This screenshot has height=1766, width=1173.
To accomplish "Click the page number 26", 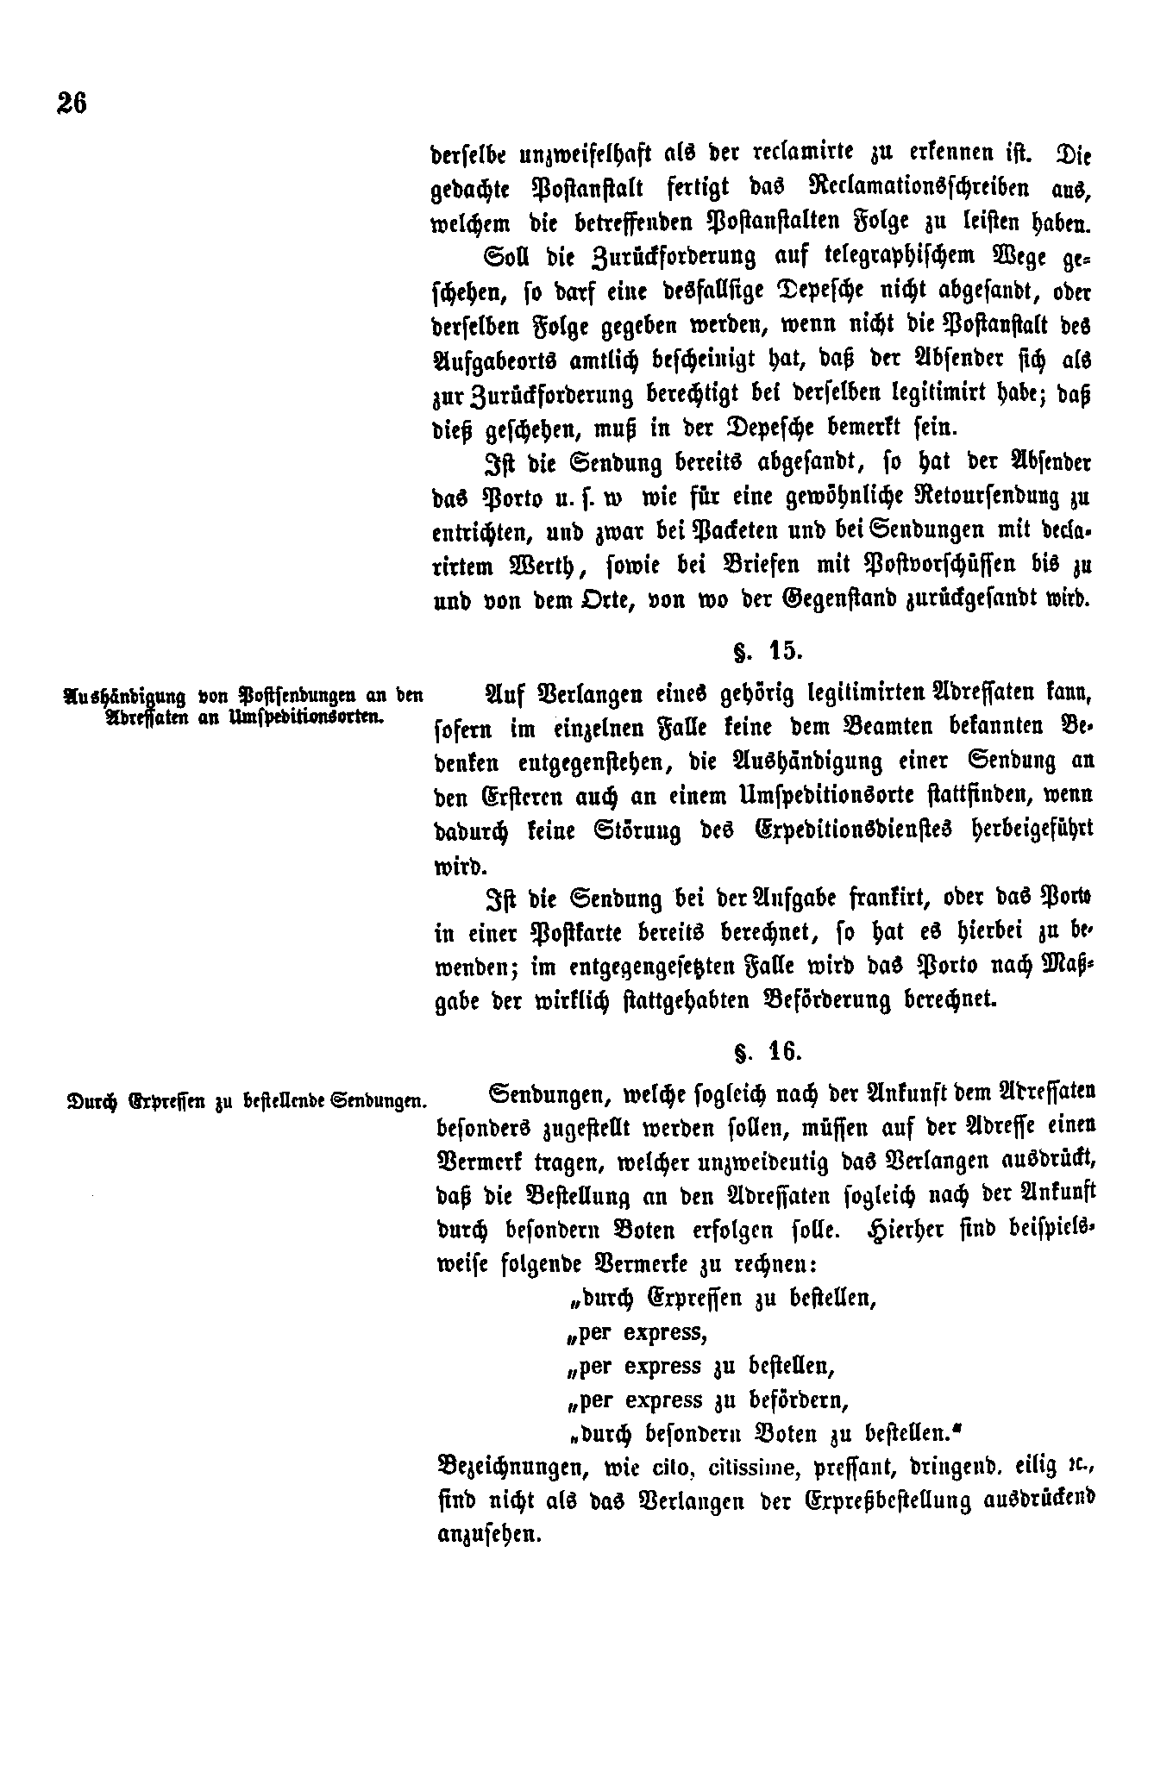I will click(72, 103).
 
